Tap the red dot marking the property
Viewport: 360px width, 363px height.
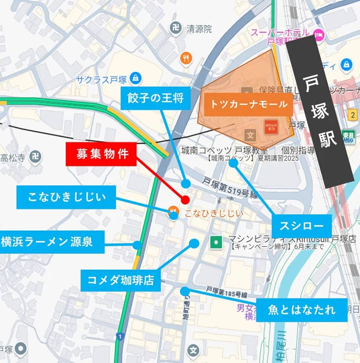coord(185,200)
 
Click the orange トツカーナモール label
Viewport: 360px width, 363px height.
coord(248,104)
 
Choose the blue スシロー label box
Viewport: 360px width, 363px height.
coord(301,225)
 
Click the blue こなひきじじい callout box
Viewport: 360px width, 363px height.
coord(67,197)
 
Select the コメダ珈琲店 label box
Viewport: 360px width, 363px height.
coord(118,281)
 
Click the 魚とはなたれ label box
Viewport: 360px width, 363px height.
coord(301,310)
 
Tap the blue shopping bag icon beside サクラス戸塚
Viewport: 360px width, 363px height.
coord(135,79)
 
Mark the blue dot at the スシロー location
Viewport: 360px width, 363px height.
coord(233,163)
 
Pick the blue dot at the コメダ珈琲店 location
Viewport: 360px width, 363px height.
coord(194,243)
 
